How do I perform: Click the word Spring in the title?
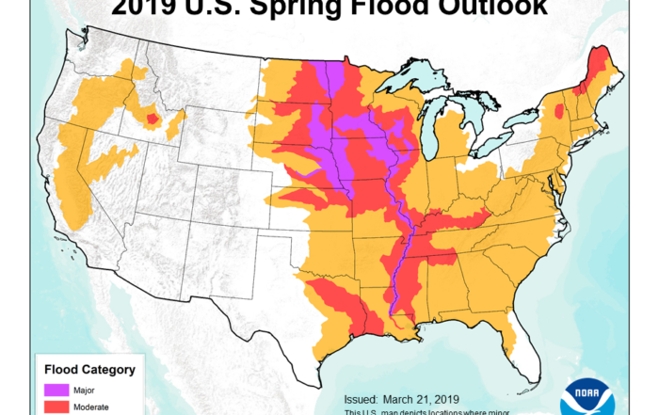click(314, 8)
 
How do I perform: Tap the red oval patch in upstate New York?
click(560, 112)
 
